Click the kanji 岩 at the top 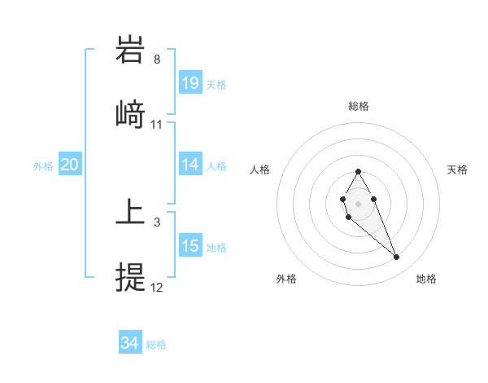click(x=131, y=51)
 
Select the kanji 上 click(x=131, y=213)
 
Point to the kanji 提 click(x=131, y=277)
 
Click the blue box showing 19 click(x=190, y=83)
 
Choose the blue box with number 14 click(x=190, y=165)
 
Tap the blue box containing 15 click(x=190, y=246)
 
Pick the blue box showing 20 click(x=70, y=165)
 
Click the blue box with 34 click(x=130, y=343)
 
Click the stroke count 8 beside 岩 click(x=157, y=59)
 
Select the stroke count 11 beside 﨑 click(x=157, y=125)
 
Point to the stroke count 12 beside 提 click(x=157, y=288)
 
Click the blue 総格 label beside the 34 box click(x=156, y=345)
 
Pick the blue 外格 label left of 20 click(x=43, y=165)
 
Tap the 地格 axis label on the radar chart click(x=426, y=279)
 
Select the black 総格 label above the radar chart click(x=358, y=106)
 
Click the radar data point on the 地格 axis click(x=397, y=258)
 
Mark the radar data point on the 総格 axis click(x=358, y=171)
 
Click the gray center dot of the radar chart click(x=358, y=202)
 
